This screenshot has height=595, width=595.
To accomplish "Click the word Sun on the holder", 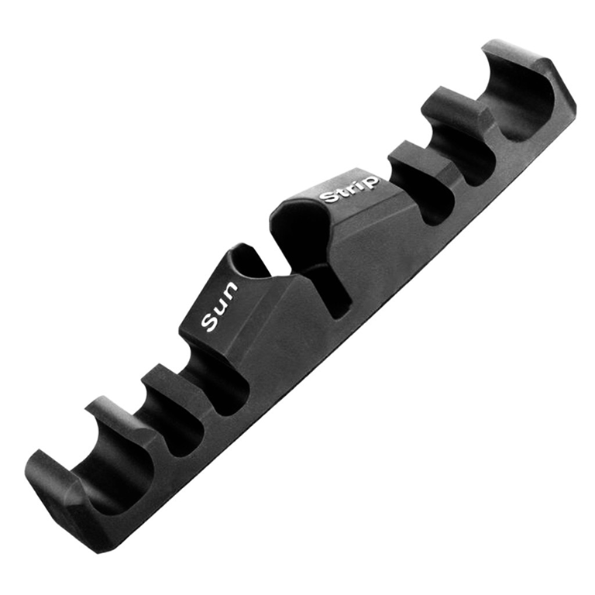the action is (x=219, y=306).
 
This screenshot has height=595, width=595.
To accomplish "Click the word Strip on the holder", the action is (x=350, y=188).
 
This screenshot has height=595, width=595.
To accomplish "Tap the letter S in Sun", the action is (x=209, y=322).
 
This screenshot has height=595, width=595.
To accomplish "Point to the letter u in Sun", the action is (x=219, y=304).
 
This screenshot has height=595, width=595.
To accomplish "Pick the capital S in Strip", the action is (x=329, y=197).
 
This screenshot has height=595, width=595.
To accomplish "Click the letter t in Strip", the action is (x=342, y=192).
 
